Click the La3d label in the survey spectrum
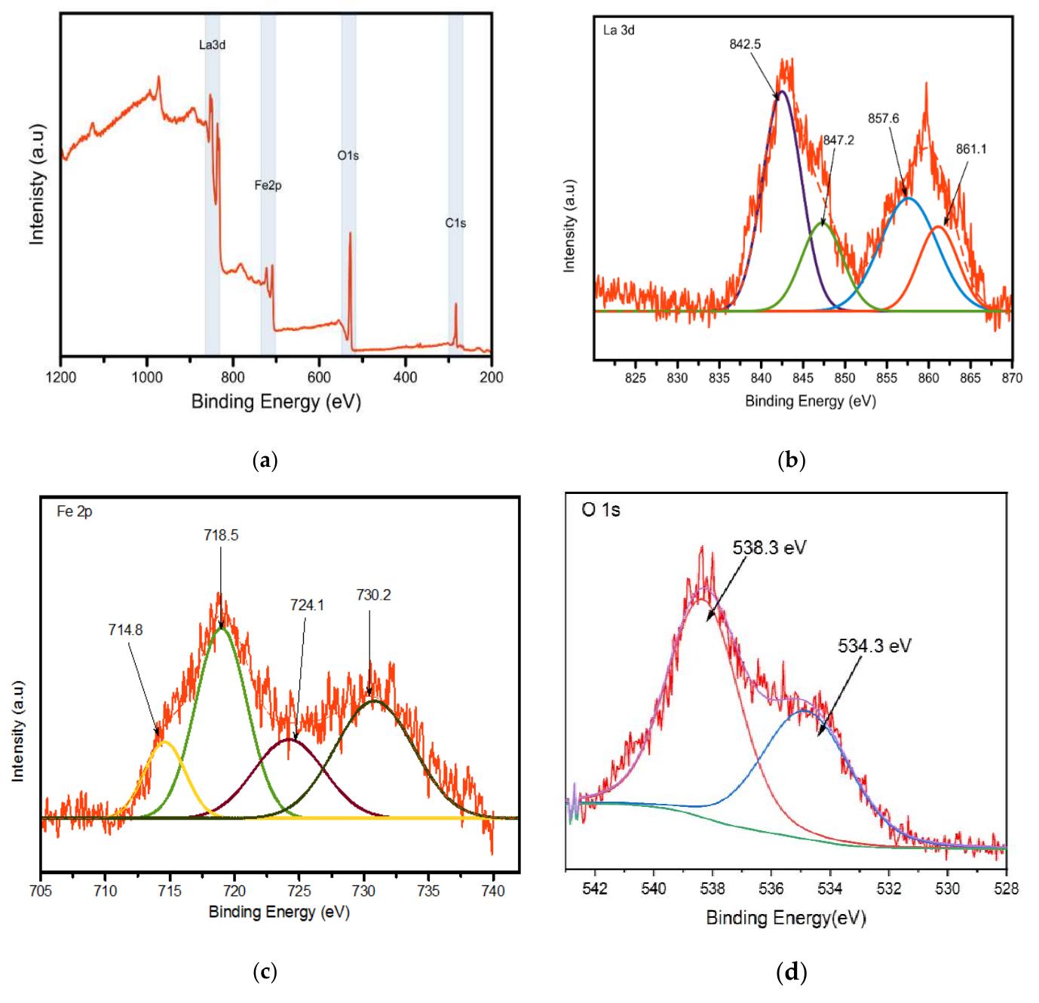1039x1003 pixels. (x=212, y=45)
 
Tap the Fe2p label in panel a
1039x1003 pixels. (x=268, y=186)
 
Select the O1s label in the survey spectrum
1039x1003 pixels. (x=348, y=156)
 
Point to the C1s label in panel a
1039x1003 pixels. (x=455, y=222)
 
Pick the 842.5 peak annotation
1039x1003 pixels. (x=745, y=44)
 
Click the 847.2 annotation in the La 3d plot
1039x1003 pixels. (x=838, y=140)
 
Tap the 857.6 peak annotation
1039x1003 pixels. (x=884, y=118)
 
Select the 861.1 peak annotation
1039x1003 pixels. (x=971, y=149)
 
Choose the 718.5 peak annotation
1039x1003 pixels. (x=221, y=535)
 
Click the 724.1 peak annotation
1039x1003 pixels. (x=307, y=604)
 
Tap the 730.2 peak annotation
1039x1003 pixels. (x=373, y=596)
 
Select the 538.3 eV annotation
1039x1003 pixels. (x=769, y=548)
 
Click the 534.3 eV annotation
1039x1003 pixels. (x=874, y=646)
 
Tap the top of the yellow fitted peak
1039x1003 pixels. (x=164, y=742)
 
